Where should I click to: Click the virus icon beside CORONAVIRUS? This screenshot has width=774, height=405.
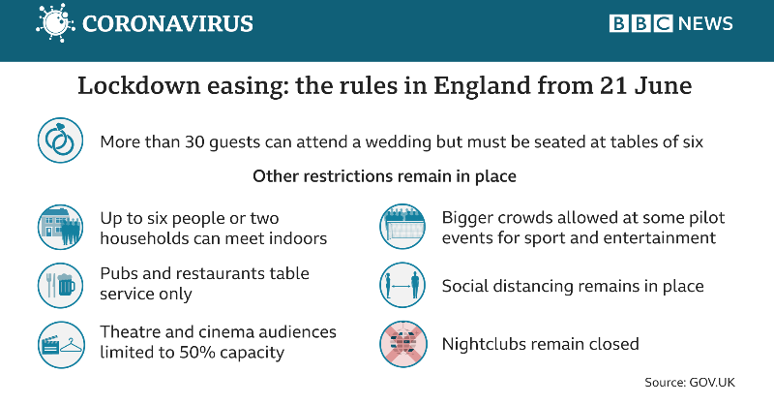click(55, 22)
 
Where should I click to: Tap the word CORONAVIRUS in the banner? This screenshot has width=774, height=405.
click(167, 23)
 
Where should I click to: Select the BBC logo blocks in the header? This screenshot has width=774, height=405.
click(640, 23)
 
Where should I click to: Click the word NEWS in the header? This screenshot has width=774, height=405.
click(706, 23)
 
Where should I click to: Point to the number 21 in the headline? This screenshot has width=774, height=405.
click(613, 85)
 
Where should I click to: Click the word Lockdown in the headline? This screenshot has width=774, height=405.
click(138, 85)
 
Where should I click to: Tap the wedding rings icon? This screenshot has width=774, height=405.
click(60, 140)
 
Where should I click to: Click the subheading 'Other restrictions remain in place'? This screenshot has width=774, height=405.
click(384, 176)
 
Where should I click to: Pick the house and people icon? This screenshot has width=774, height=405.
click(60, 227)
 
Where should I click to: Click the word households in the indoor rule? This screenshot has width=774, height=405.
click(144, 238)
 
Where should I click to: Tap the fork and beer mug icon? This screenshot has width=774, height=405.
click(60, 285)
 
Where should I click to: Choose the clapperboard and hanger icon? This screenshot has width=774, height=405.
click(61, 345)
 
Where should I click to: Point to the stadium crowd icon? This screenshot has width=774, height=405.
click(402, 227)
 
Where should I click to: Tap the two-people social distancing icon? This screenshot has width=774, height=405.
click(402, 285)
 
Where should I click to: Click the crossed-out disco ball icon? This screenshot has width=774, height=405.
click(402, 344)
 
